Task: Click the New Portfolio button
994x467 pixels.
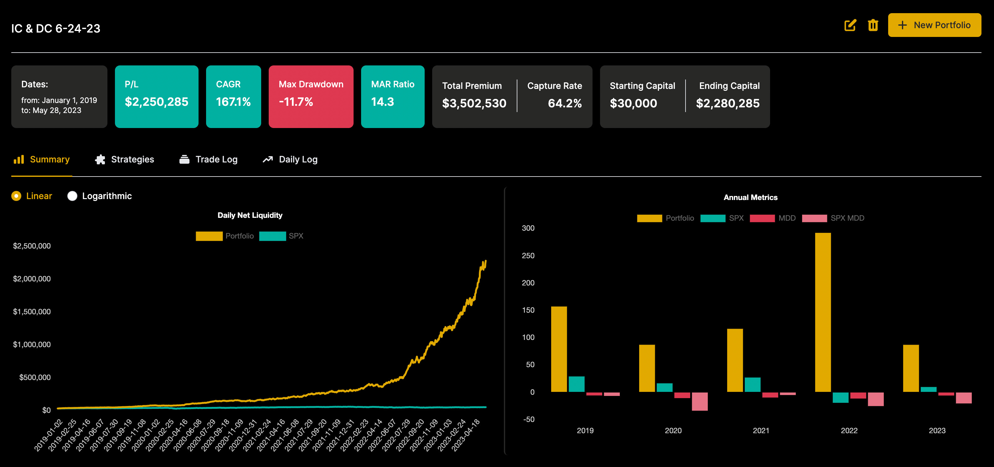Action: [x=934, y=25]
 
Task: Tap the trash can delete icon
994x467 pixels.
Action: [x=873, y=25]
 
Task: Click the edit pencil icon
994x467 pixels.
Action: [x=850, y=25]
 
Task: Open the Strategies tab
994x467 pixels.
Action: [x=124, y=159]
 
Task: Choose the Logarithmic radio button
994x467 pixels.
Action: [x=72, y=196]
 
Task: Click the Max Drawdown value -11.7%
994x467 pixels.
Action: [x=296, y=102]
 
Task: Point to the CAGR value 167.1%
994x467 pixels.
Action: [x=233, y=102]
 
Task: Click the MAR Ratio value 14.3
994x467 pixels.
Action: [x=382, y=102]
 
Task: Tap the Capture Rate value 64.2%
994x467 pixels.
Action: [x=565, y=103]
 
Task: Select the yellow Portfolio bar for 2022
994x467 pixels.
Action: [x=823, y=312]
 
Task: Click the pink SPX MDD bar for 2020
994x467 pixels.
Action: [x=700, y=402]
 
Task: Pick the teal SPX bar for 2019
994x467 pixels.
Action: [x=577, y=384]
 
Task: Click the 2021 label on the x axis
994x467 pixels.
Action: [x=761, y=430]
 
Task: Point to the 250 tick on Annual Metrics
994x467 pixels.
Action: [x=528, y=256]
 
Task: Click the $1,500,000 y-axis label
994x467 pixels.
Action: [x=32, y=311]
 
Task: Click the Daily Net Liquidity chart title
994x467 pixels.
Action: [x=250, y=215]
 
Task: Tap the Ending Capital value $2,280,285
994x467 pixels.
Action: [x=727, y=103]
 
